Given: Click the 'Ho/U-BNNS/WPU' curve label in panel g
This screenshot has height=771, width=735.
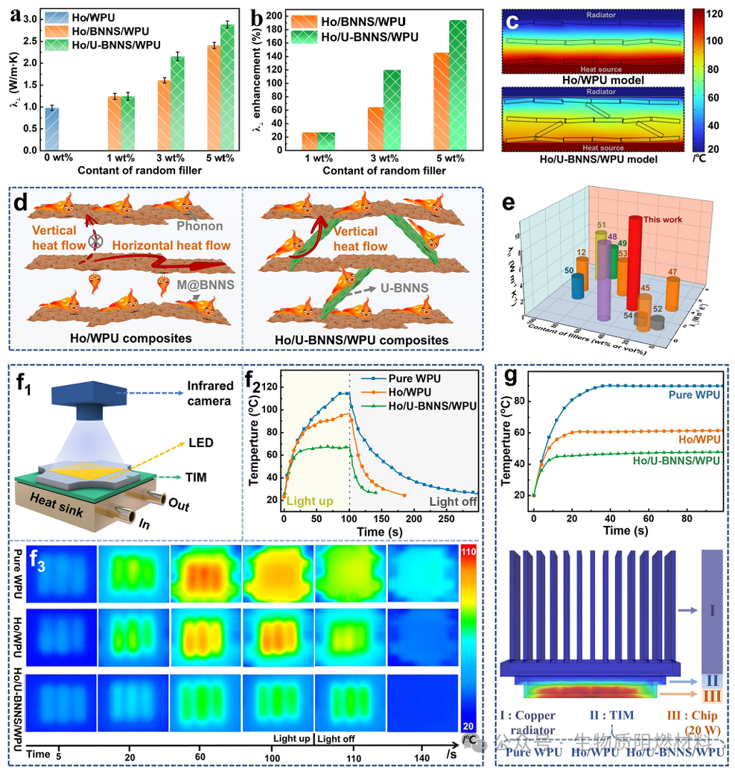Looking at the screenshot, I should click(677, 460).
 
